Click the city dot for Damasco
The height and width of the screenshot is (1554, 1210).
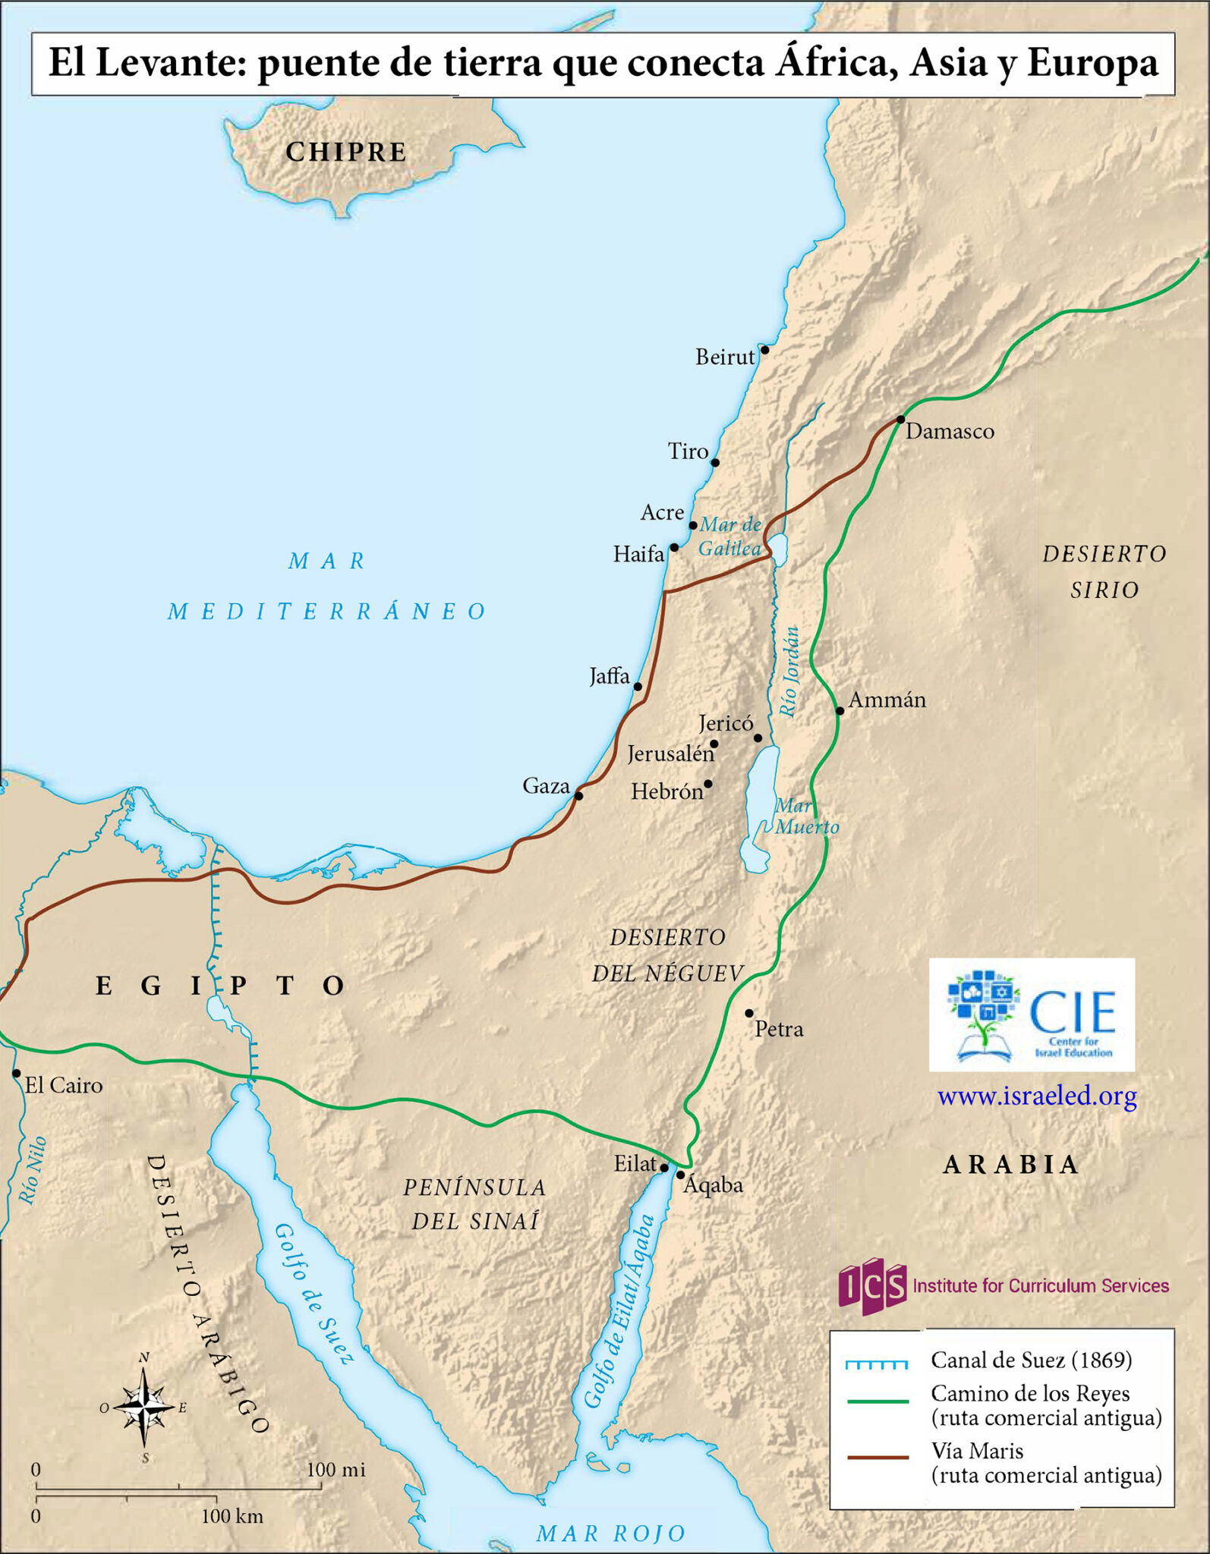(x=900, y=419)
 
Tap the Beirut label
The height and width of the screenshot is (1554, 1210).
(x=725, y=357)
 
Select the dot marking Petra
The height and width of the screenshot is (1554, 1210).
(x=749, y=1013)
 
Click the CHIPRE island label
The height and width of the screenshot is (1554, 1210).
(x=346, y=152)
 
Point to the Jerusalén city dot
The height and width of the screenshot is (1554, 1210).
(x=714, y=744)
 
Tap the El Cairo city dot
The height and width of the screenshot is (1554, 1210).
(x=17, y=1074)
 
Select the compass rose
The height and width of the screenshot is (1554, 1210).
(x=143, y=1408)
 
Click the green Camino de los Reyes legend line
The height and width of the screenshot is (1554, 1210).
(x=878, y=1401)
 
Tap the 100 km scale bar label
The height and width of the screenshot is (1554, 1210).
(x=232, y=1517)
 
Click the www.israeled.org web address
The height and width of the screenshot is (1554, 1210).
(x=1037, y=1096)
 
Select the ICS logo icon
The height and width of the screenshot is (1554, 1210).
(x=873, y=1285)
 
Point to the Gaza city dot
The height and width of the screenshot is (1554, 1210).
(x=578, y=796)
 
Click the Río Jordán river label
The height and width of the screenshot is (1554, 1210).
(x=791, y=671)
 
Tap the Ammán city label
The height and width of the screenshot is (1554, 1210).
(x=887, y=700)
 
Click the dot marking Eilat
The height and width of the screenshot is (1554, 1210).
(x=664, y=1168)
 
